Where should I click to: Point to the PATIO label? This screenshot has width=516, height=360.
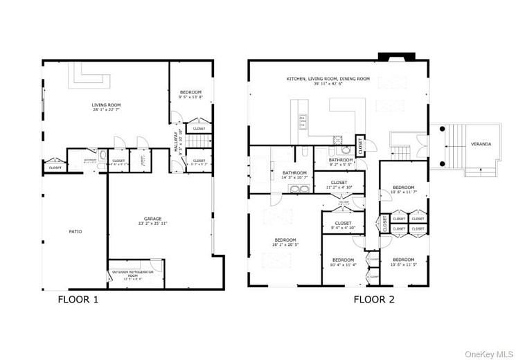click(75, 231)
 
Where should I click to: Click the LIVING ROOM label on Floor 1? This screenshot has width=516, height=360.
click(106, 107)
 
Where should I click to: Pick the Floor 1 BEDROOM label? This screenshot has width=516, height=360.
click(190, 94)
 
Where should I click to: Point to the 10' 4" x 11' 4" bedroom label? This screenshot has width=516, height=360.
click(343, 261)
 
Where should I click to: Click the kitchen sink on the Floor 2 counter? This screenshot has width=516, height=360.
click(303, 122)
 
